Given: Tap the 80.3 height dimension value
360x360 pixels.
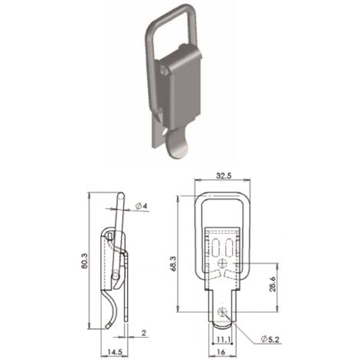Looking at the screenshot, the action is pyautogui.click(x=85, y=260).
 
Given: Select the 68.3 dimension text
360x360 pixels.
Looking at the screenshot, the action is pyautogui.click(x=174, y=263).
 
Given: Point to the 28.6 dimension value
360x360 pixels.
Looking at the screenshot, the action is pyautogui.click(x=273, y=284).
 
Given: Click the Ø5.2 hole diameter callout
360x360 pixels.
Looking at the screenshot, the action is pyautogui.click(x=270, y=339).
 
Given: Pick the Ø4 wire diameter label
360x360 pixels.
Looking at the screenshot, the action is pyautogui.click(x=142, y=206).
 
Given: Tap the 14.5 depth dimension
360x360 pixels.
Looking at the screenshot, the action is pyautogui.click(x=115, y=352).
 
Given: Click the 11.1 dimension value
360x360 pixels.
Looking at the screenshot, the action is pyautogui.click(x=224, y=339).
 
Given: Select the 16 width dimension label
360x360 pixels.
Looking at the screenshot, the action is pyautogui.click(x=221, y=352).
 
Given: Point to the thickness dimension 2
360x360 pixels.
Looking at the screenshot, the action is pyautogui.click(x=144, y=332).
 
